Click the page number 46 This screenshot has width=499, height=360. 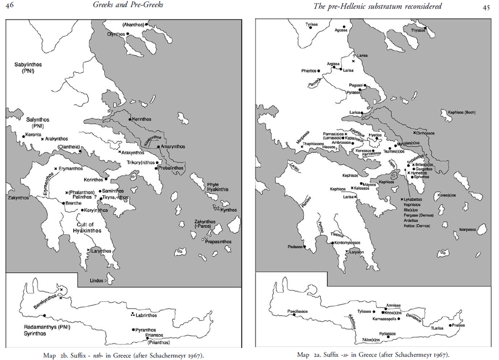click(x=9, y=6)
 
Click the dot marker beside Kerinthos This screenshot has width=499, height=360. click(x=130, y=119)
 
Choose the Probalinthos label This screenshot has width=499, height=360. click(x=172, y=168)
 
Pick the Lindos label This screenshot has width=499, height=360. click(x=96, y=281)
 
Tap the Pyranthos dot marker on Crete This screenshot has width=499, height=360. click(x=133, y=330)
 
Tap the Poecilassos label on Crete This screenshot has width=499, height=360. click(x=297, y=311)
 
